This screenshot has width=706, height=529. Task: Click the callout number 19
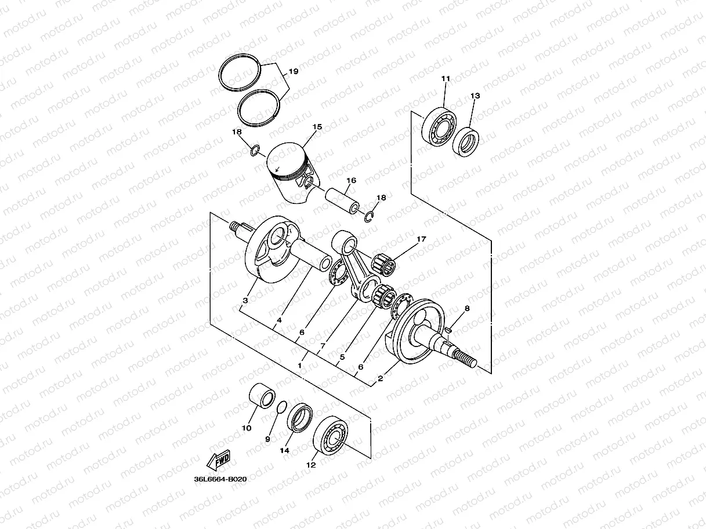293,72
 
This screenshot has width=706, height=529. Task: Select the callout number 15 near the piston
317,127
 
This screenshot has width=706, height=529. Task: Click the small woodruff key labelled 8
449,330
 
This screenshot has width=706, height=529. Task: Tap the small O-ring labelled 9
282,407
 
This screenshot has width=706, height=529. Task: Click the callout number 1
300,366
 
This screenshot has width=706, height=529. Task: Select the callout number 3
245,301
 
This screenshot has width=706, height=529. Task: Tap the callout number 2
380,379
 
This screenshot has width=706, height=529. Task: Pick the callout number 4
279,320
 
